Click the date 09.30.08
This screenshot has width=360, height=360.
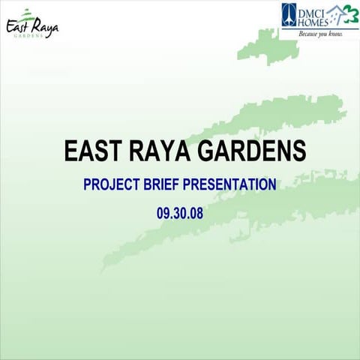(180, 212)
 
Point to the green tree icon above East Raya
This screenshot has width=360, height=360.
(28, 12)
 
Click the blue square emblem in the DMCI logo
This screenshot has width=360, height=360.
(289, 14)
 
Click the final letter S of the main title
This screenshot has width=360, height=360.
(298, 151)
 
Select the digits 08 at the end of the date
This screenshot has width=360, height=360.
(197, 212)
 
